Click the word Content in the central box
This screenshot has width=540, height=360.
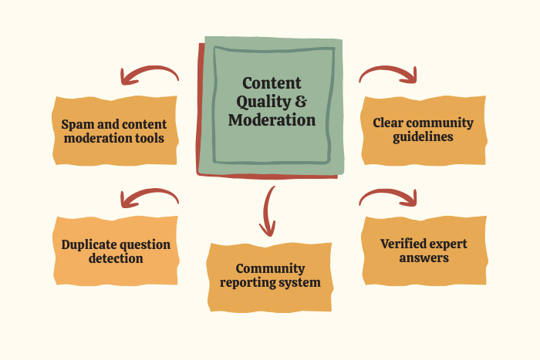tap(272, 83)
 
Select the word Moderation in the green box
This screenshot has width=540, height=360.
tap(272, 120)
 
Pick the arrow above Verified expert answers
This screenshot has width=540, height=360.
tap(388, 198)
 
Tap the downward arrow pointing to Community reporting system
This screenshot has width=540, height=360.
tap(268, 210)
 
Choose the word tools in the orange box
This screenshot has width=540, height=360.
tap(149, 139)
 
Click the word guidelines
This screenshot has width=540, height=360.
tap(423, 136)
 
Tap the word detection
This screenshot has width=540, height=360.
tap(116, 258)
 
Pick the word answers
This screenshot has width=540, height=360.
tap(424, 257)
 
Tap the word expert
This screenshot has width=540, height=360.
tap(450, 244)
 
